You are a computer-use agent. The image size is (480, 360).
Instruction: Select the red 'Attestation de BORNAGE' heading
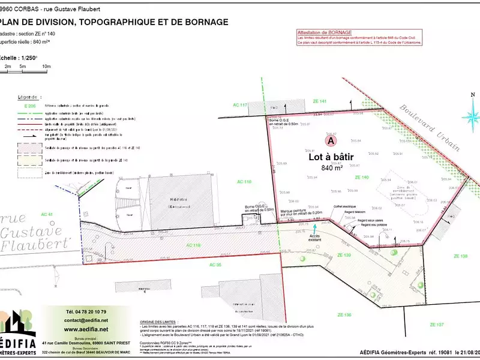coord(325,32)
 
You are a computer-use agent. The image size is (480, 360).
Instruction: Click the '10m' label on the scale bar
coord(46,65)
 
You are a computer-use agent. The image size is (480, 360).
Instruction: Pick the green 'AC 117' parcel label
coord(240,105)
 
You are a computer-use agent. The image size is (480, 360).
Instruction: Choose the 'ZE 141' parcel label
coord(319,101)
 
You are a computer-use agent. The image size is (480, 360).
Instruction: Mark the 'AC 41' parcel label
coord(47,214)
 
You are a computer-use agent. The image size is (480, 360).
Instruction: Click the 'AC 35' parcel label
coord(215,264)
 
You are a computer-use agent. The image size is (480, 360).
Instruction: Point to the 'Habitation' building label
coord(178,200)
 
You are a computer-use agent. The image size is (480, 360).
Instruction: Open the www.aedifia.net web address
coord(86,329)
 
